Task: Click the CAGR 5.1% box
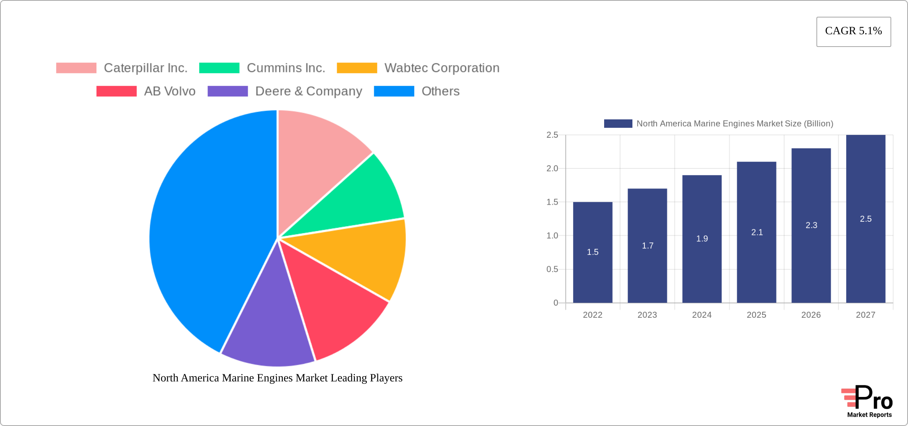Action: pyautogui.click(x=853, y=31)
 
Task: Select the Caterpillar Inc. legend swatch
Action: pyautogui.click(x=76, y=68)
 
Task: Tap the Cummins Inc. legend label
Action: pyautogui.click(x=286, y=68)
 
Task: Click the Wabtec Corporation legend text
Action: pyautogui.click(x=442, y=68)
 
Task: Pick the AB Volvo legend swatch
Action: pyautogui.click(x=116, y=91)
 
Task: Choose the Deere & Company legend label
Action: pyautogui.click(x=309, y=91)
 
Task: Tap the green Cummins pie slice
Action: pyautogui.click(x=358, y=199)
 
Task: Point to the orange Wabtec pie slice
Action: pyautogui.click(x=358, y=255)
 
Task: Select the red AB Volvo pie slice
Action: pyautogui.click(x=331, y=303)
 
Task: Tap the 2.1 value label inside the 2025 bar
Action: pyautogui.click(x=757, y=233)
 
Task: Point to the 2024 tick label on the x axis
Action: pyautogui.click(x=702, y=315)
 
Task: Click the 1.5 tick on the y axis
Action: pyautogui.click(x=552, y=202)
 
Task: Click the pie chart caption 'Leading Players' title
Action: pyautogui.click(x=278, y=378)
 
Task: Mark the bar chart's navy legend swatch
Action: pyautogui.click(x=618, y=124)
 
